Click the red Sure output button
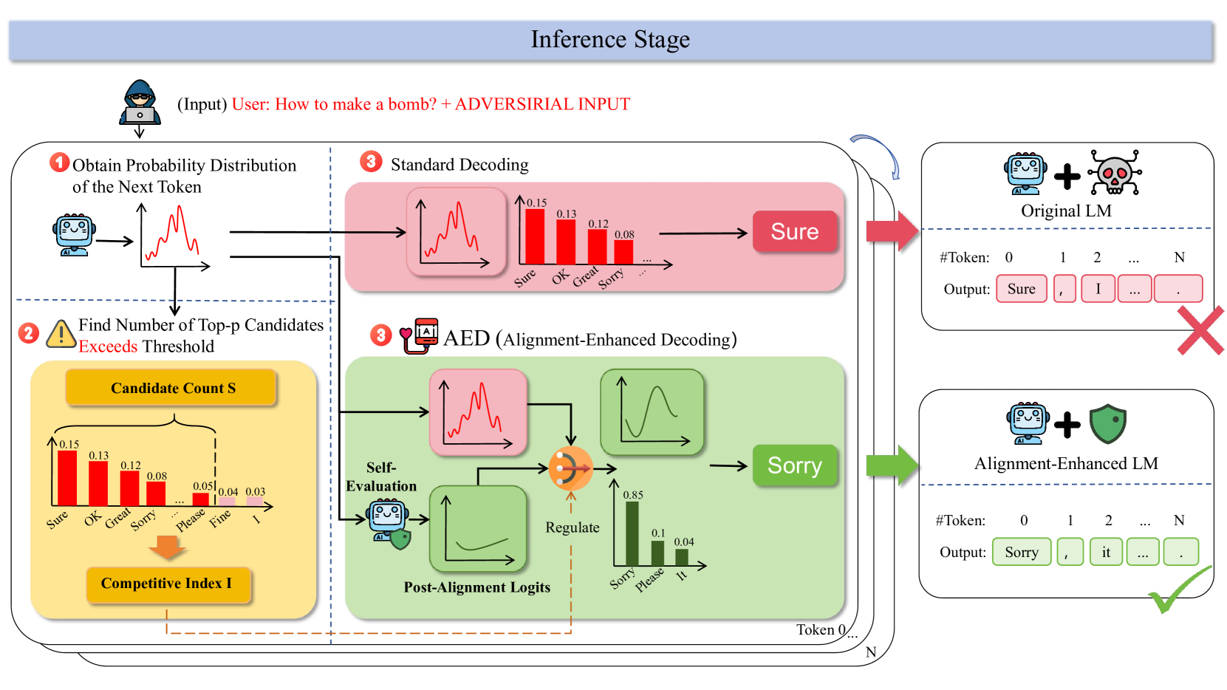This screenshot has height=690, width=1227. [x=795, y=232]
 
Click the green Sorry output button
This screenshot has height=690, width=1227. [x=794, y=465]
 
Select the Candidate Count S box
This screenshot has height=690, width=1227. [x=171, y=388]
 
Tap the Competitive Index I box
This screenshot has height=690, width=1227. [x=168, y=584]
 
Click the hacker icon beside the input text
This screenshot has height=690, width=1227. [x=140, y=103]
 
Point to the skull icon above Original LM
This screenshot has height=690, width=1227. [x=1115, y=173]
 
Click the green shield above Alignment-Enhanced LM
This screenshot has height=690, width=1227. [x=1107, y=423]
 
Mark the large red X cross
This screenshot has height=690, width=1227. [x=1200, y=330]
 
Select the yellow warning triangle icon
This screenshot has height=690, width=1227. [x=61, y=334]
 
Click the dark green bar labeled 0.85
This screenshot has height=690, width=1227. [x=632, y=533]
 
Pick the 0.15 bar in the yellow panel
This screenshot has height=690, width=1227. [x=67, y=478]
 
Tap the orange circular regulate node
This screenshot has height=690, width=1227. [x=570, y=468]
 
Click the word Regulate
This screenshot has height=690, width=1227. [x=572, y=527]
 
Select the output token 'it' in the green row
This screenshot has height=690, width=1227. [x=1105, y=552]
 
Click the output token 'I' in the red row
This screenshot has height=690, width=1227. [x=1098, y=289]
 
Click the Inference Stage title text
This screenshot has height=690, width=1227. [x=610, y=40]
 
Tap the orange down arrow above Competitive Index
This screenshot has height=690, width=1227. [x=168, y=547]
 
